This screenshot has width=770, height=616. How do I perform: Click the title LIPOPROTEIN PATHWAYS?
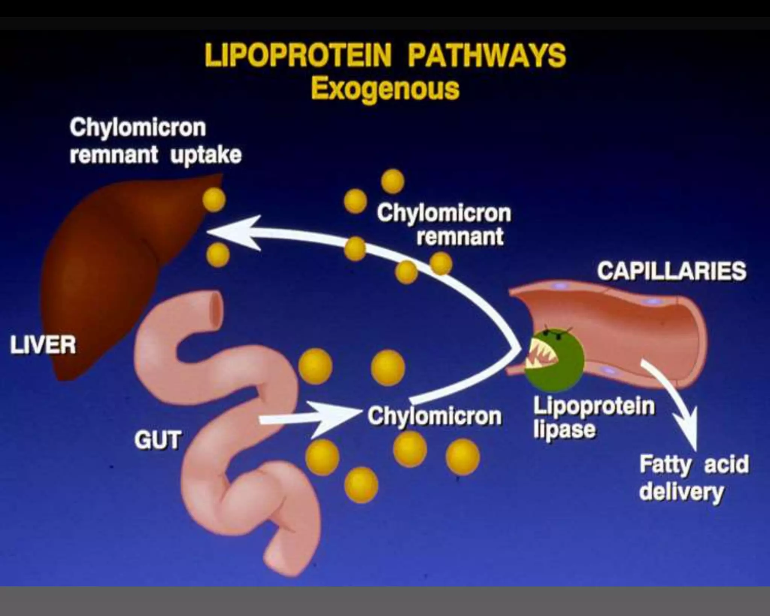pyautogui.click(x=385, y=56)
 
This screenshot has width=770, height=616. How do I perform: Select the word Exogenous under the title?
pyautogui.click(x=385, y=89)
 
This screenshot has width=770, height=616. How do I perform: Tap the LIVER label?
pyautogui.click(x=43, y=345)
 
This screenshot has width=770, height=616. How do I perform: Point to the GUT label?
pyautogui.click(x=158, y=440)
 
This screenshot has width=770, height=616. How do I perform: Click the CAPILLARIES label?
pyautogui.click(x=671, y=271)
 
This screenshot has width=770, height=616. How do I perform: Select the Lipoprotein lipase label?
pyautogui.click(x=593, y=417)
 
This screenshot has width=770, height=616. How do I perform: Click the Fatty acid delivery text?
pyautogui.click(x=694, y=478)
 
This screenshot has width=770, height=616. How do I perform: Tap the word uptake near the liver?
pyautogui.click(x=206, y=155)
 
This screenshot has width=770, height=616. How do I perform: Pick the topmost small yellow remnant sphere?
pyautogui.click(x=393, y=181)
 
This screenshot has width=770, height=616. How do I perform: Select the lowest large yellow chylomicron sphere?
pyautogui.click(x=361, y=485)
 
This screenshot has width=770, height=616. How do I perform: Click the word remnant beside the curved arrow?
pyautogui.click(x=459, y=237)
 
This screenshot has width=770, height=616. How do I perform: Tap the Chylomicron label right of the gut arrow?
pyautogui.click(x=434, y=417)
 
